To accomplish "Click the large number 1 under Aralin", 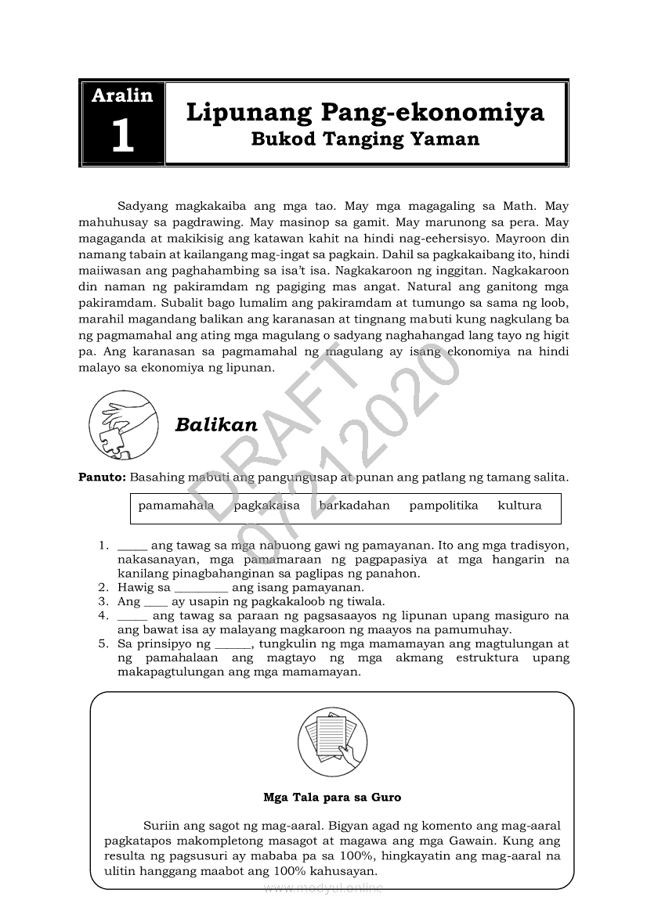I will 122,135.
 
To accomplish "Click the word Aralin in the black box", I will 122,95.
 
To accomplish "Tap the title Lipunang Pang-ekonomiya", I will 365,112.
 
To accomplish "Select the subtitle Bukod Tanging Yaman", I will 365,140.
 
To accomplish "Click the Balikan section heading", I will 216,424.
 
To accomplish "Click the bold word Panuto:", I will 102,476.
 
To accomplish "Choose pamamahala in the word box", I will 176,506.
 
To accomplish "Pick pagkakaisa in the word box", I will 267,506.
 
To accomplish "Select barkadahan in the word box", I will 354,506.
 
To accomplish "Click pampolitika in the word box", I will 443,506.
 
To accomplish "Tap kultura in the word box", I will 519,506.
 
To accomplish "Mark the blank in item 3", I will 156,602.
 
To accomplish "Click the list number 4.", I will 103,615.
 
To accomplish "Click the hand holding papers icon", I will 332,740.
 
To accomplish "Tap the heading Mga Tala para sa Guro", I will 332,798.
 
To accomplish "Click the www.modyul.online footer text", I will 323,888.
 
